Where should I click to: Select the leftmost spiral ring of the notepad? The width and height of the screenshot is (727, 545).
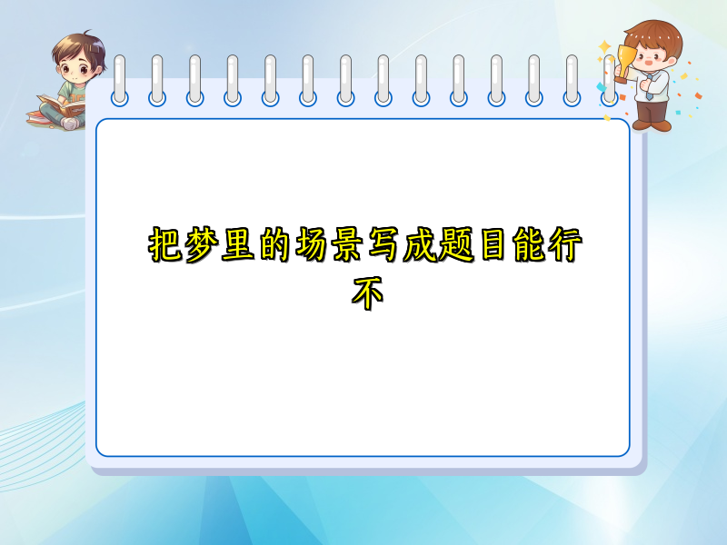[120, 80]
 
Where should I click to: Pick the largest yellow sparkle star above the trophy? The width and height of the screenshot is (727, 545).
[604, 45]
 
